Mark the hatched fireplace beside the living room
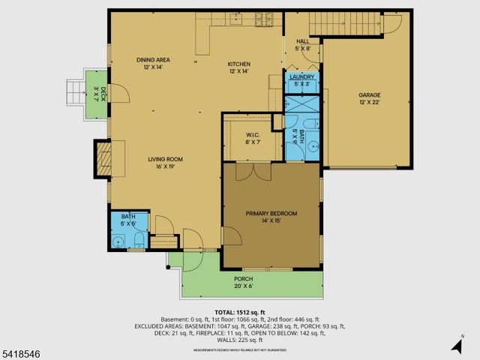[103, 160]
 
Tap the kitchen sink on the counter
[236, 19]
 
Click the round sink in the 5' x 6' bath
[118, 241]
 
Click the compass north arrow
[456, 344]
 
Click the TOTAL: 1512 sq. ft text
[239, 312]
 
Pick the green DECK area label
[95, 94]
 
